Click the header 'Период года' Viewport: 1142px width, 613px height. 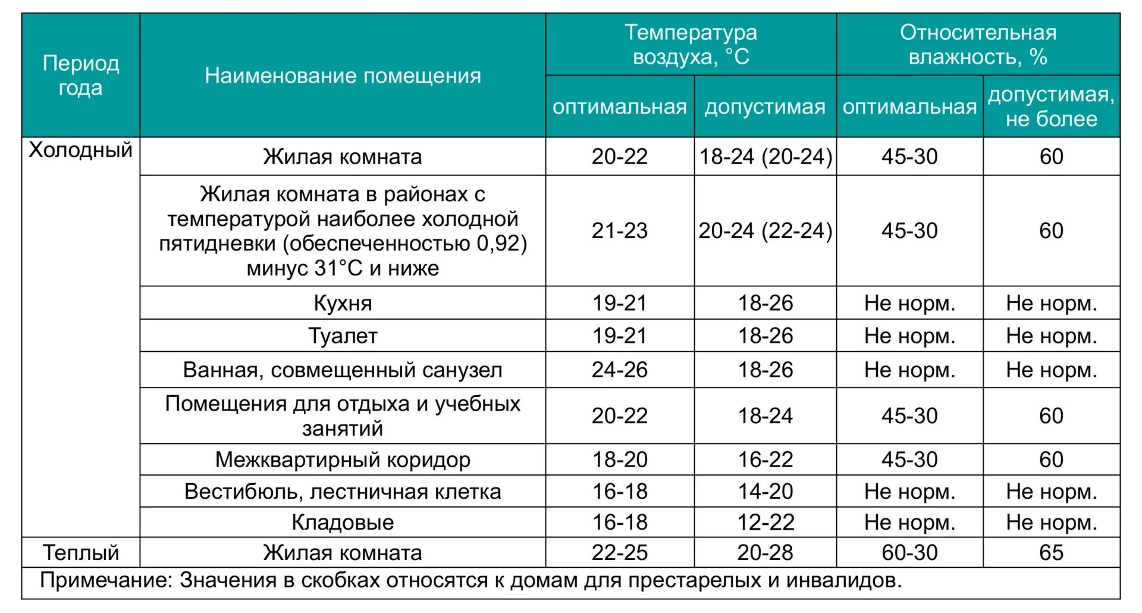click(x=81, y=76)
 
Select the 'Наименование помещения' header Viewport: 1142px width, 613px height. click(x=343, y=76)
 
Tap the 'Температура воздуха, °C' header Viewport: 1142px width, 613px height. click(x=691, y=45)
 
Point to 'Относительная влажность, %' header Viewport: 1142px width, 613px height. click(x=978, y=45)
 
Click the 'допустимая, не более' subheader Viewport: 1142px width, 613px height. click(x=1051, y=107)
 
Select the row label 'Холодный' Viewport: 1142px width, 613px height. click(x=81, y=150)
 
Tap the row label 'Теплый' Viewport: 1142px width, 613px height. click(x=81, y=553)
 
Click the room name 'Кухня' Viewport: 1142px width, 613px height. click(x=343, y=303)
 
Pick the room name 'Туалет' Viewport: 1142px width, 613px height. click(x=343, y=336)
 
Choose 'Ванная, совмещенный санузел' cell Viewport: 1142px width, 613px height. click(x=343, y=370)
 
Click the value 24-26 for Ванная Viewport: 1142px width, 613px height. click(x=619, y=370)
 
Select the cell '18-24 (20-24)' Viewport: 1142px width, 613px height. click(x=765, y=157)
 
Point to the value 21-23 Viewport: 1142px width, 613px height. click(x=619, y=230)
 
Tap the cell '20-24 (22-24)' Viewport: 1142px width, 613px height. click(x=765, y=230)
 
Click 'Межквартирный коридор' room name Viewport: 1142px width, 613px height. click(x=343, y=459)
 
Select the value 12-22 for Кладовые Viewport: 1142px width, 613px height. click(x=765, y=523)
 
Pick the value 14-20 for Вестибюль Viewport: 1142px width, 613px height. click(x=765, y=492)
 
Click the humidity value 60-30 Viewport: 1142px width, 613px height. click(x=909, y=553)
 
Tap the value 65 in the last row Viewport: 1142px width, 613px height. click(x=1051, y=553)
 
